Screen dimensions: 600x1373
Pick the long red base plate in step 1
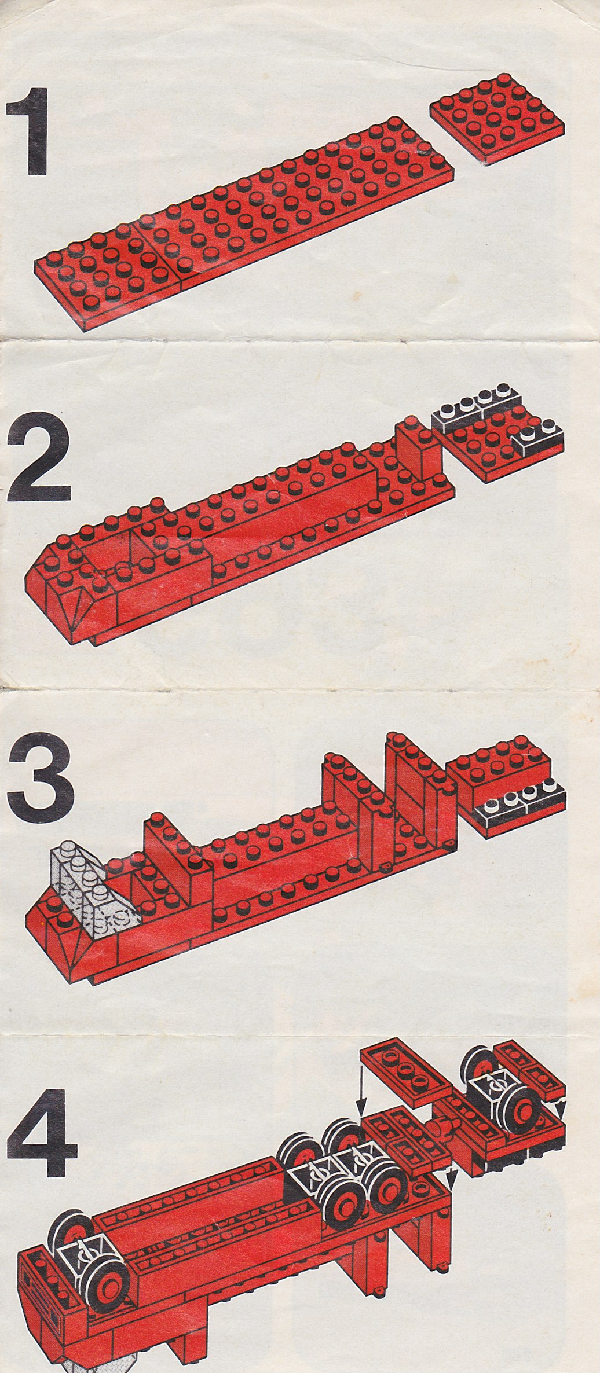pos(243,223)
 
